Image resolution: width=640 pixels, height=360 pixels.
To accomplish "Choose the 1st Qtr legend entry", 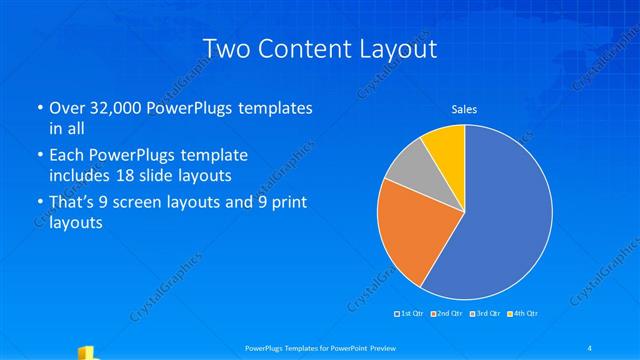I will [x=409, y=314].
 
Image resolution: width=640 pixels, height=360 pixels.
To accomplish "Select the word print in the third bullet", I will [x=286, y=203].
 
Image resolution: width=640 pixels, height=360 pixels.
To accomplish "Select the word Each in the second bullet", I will [x=68, y=155].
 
